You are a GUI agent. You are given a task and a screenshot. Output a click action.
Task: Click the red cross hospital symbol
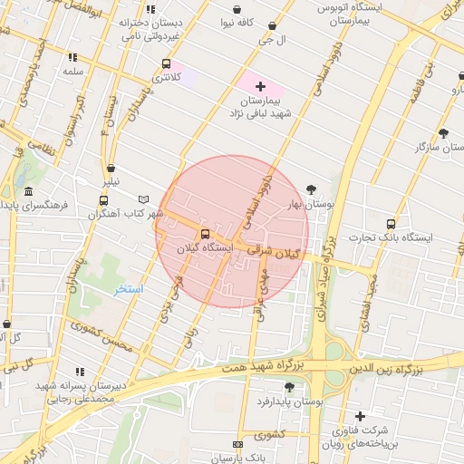point(260,85)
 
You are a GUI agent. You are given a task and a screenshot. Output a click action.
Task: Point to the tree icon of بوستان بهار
point(312,189)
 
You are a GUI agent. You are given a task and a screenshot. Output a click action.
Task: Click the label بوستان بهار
point(312,205)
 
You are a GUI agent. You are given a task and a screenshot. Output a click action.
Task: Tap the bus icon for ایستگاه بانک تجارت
point(391,223)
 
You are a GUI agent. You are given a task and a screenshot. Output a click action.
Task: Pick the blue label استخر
point(129,290)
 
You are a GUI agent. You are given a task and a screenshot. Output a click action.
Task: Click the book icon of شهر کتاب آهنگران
point(142,199)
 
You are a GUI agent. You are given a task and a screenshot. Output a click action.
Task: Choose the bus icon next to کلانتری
point(165,63)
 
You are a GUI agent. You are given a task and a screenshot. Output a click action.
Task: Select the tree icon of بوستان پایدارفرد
point(290,387)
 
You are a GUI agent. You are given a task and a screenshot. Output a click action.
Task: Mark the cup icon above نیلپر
point(111,168)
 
